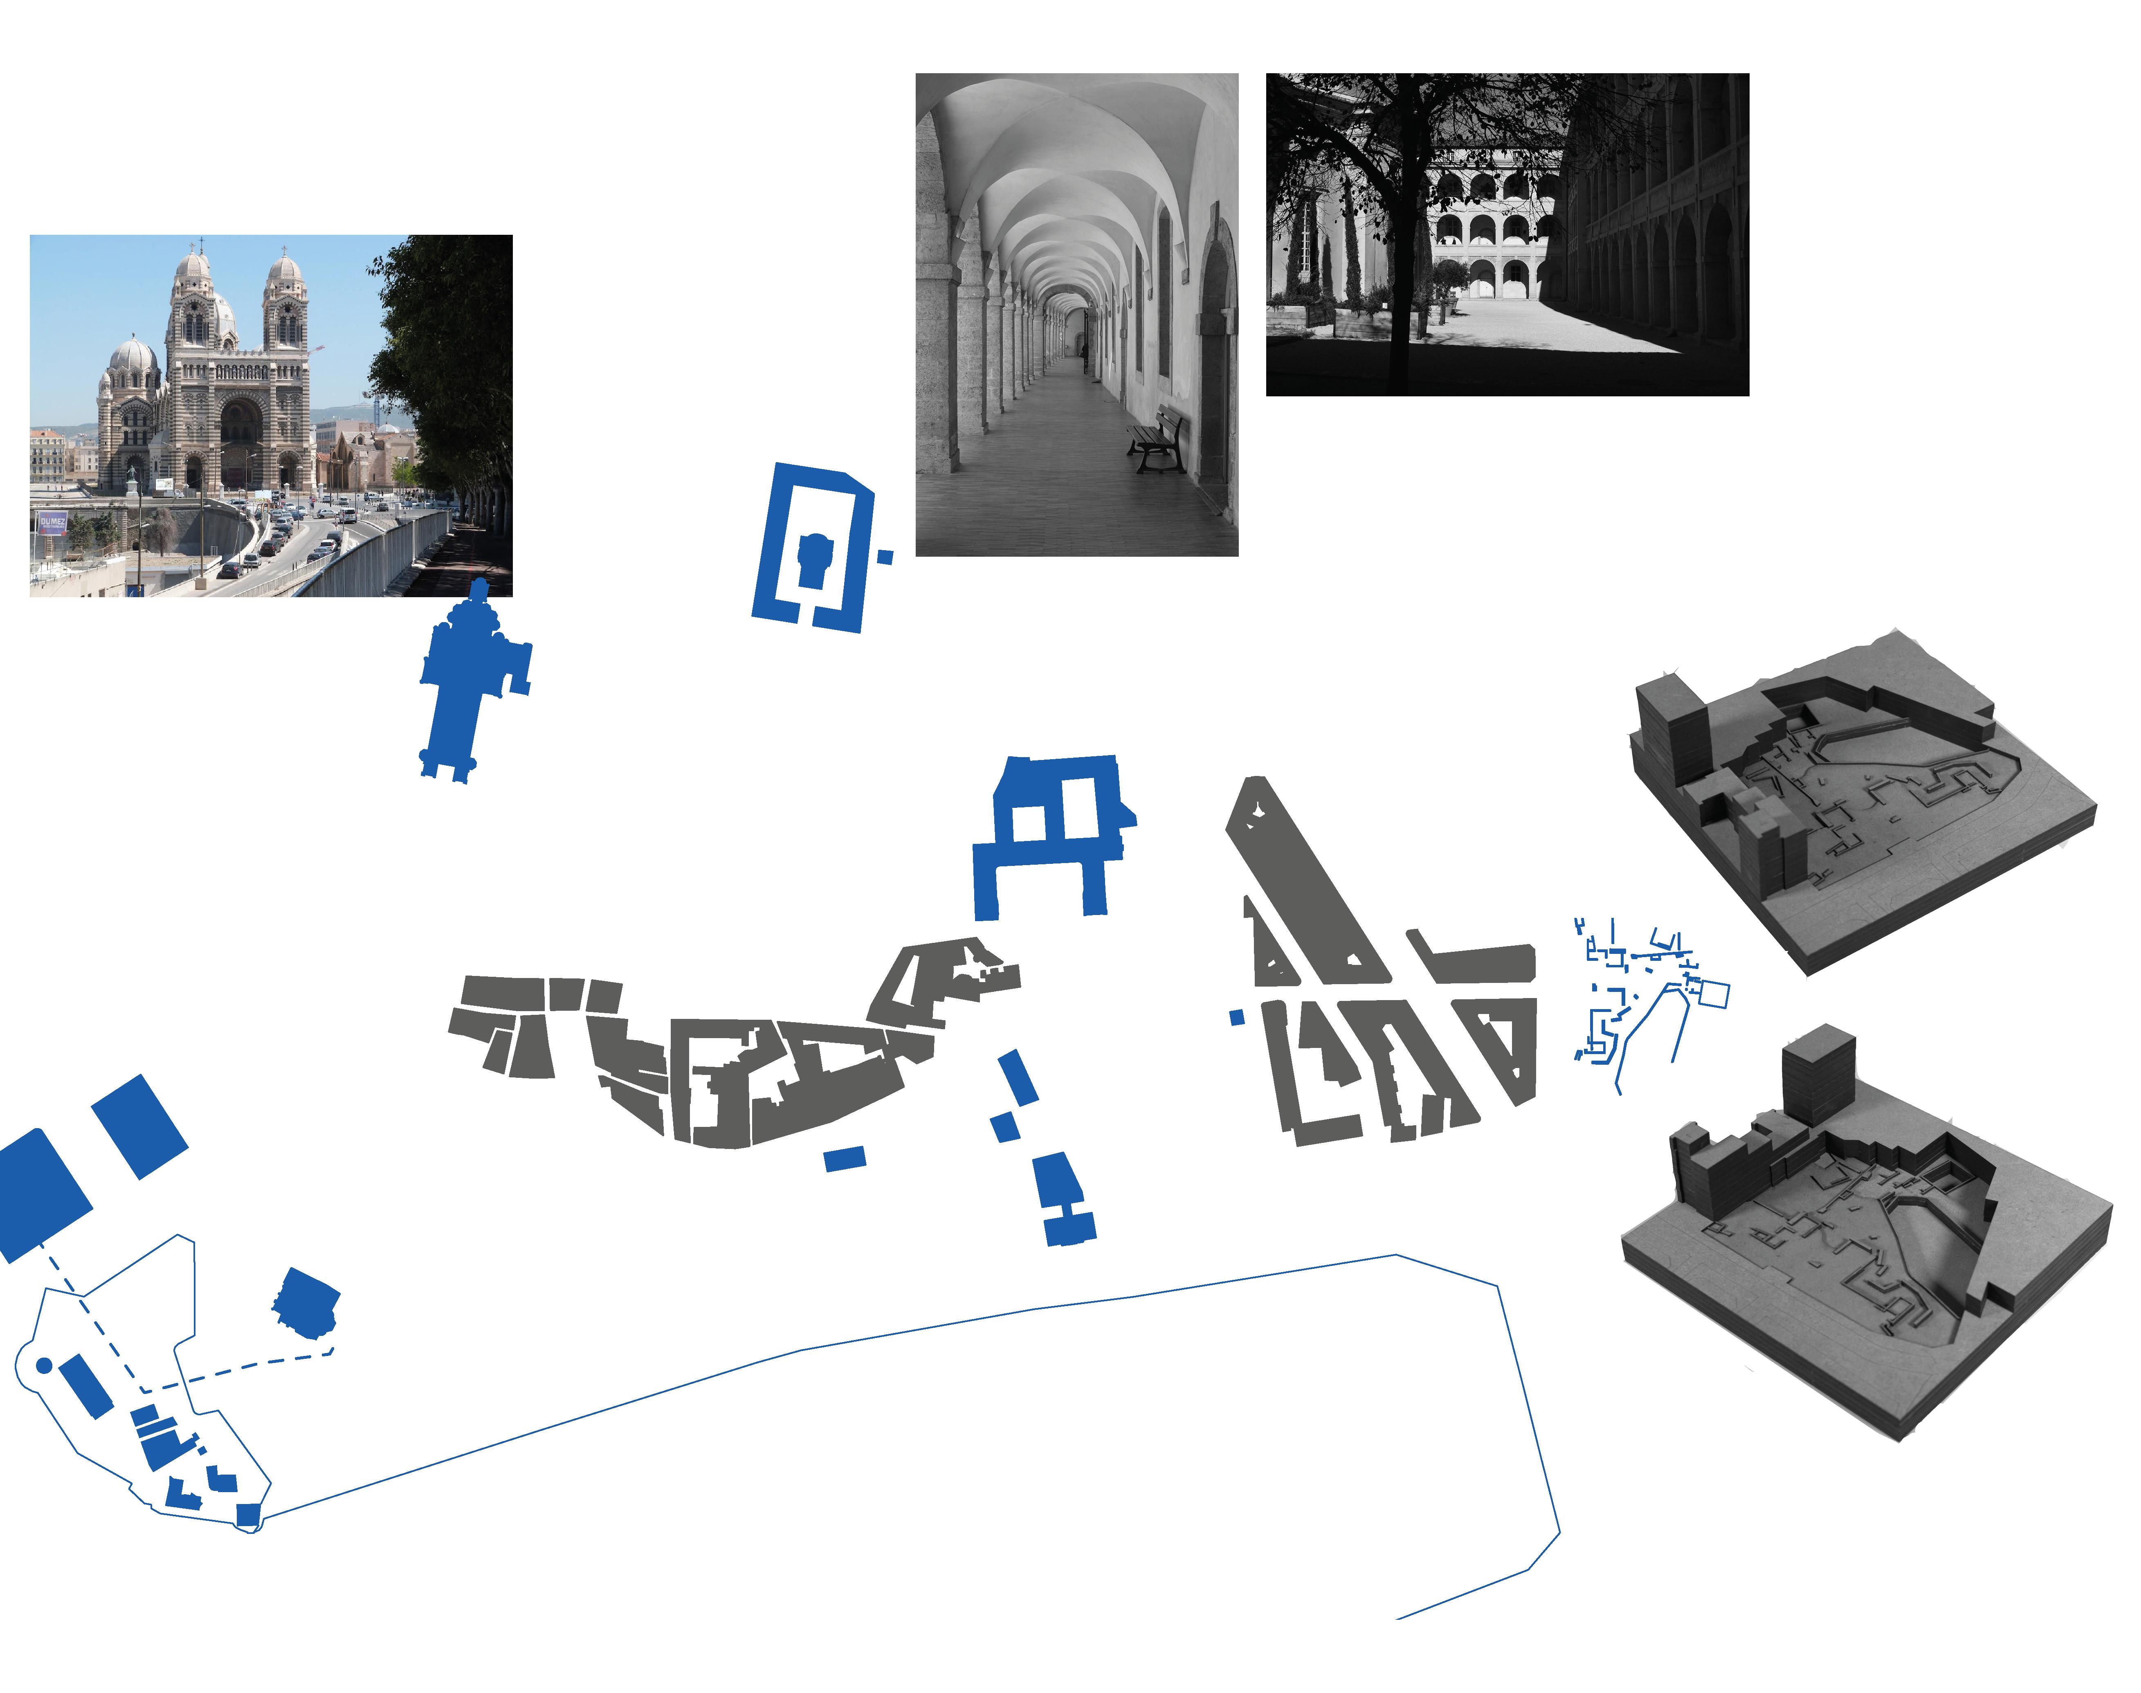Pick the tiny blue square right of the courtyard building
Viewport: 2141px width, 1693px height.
click(x=885, y=558)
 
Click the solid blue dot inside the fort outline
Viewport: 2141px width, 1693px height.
click(x=44, y=1365)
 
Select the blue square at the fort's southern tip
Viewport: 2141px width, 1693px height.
click(x=248, y=1515)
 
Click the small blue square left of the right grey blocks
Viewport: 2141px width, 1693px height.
click(x=1236, y=1017)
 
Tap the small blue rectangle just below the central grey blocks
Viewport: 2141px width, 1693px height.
click(x=845, y=1158)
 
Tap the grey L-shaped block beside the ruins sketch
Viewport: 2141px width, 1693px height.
click(x=1477, y=960)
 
